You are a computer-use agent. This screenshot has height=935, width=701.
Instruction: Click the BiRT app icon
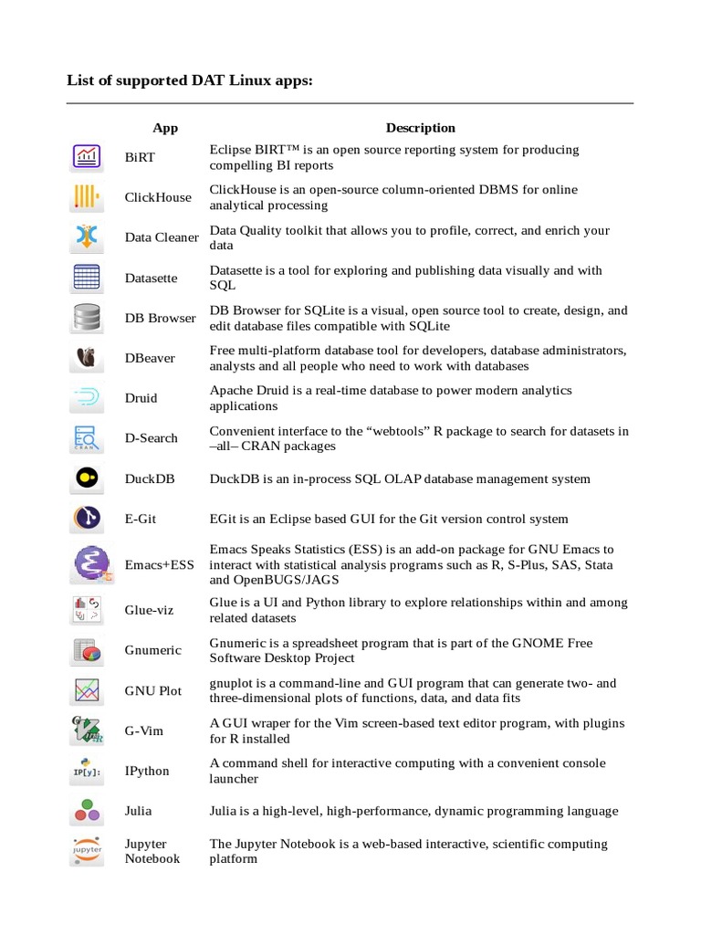[x=88, y=157]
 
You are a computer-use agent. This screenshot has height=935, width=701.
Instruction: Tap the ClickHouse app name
[x=158, y=197]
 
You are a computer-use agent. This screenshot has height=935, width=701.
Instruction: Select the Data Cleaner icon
[x=88, y=237]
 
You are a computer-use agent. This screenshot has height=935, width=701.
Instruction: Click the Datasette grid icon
[x=88, y=278]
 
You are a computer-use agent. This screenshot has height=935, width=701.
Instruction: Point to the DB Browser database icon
[x=88, y=318]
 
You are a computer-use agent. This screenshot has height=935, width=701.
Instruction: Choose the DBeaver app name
[x=150, y=358]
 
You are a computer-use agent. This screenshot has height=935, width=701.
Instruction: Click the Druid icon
[x=88, y=398]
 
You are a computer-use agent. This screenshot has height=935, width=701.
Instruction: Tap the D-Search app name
[x=152, y=438]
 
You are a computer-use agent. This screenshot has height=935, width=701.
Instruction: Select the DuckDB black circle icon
[x=88, y=478]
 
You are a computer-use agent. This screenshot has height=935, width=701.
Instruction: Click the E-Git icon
[x=88, y=519]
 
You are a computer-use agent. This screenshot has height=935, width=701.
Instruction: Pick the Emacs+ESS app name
[x=160, y=565]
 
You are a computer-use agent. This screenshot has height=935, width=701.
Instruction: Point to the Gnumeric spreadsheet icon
[x=88, y=650]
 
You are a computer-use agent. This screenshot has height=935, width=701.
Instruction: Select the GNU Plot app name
[x=153, y=690]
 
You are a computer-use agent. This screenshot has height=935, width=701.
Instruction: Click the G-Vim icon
[x=88, y=730]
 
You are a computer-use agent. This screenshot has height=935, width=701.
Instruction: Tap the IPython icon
[x=88, y=771]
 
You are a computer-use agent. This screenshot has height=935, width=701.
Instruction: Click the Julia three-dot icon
[x=88, y=810]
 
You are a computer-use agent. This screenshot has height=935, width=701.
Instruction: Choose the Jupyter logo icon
[x=88, y=851]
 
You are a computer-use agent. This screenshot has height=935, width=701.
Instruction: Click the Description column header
[x=420, y=128]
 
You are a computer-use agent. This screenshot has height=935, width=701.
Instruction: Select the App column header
[x=165, y=128]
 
